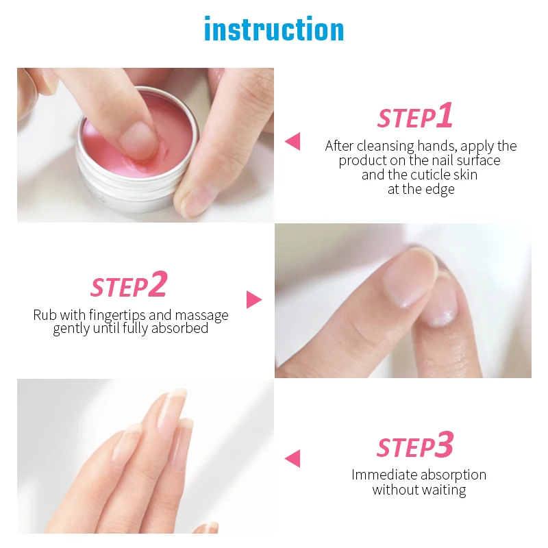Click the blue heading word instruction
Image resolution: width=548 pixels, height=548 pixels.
274,29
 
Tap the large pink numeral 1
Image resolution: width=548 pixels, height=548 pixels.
445,114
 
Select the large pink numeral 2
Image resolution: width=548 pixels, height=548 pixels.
158,284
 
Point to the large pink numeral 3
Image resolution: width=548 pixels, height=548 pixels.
444,444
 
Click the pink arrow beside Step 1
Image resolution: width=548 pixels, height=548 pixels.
293,142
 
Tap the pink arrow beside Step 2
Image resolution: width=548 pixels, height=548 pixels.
254,299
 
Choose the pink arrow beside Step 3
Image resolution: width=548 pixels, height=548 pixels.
293,458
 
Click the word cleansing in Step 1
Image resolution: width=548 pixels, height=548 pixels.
385,146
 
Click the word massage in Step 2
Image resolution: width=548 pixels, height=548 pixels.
201,316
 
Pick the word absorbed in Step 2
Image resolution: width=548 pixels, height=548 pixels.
179,328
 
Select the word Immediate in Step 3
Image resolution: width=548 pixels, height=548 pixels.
384,475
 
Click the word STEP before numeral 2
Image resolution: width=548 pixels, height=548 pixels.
119,287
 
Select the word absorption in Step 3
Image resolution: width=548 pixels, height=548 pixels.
453,475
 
